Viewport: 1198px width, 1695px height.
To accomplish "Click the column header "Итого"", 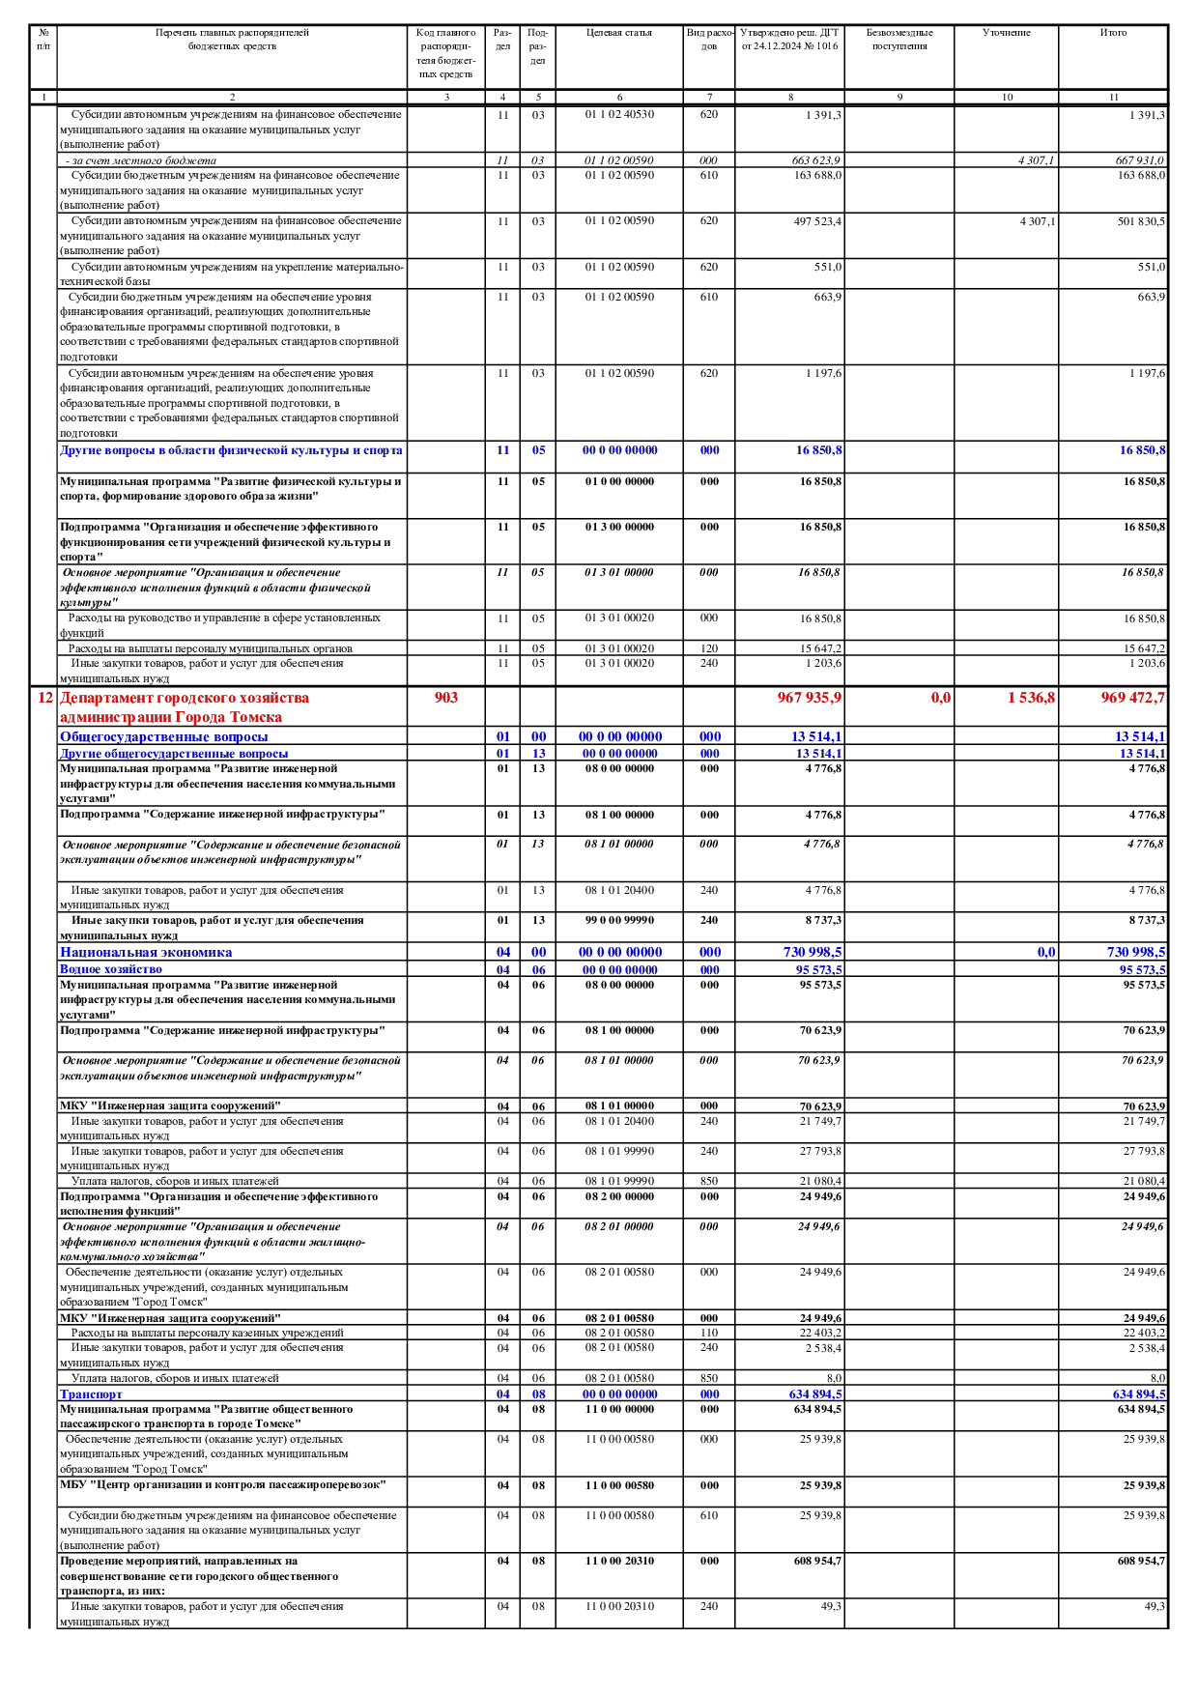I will coord(1113,33).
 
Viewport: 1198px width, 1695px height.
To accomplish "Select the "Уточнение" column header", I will coord(1006,33).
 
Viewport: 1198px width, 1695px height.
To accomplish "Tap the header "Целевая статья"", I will coord(618,33).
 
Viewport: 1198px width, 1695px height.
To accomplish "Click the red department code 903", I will coord(445,698).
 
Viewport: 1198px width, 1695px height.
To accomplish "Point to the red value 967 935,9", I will coord(809,698).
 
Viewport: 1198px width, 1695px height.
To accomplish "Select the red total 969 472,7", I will coord(1132,698).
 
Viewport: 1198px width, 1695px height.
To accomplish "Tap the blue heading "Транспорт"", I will coord(91,1394).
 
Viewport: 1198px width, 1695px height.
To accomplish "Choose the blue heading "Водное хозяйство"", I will coord(111,969).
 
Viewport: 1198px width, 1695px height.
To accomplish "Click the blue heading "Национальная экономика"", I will coord(146,953).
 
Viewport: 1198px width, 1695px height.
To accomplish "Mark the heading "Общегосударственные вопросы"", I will coord(164,737).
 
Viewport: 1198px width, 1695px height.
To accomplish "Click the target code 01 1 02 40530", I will coord(619,115).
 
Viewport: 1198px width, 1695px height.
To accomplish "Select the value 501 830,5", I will coord(1141,221).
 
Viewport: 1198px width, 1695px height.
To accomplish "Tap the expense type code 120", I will coord(709,648).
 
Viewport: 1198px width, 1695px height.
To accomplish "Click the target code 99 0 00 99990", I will coord(619,921).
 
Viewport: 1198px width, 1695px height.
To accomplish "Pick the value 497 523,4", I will coord(817,221).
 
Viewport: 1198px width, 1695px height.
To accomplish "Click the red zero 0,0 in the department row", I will coord(940,698).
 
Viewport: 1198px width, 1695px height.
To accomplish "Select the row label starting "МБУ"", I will coord(222,1484).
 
